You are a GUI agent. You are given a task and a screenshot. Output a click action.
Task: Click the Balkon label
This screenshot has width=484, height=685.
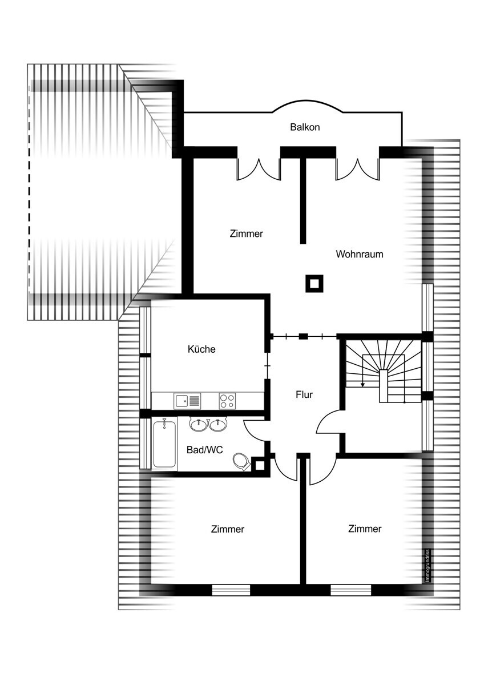pyautogui.click(x=305, y=127)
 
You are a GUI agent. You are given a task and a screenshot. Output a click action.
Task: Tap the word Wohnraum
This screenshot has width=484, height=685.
pyautogui.click(x=359, y=254)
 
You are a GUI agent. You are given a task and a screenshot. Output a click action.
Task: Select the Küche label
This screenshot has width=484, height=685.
pyautogui.click(x=201, y=349)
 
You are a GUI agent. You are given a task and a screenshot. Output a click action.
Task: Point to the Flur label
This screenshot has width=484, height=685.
pyautogui.click(x=304, y=394)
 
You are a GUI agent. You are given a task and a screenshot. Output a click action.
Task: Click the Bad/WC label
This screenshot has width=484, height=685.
pyautogui.click(x=204, y=450)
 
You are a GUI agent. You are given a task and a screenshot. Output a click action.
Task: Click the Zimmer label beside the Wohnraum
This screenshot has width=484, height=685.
pyautogui.click(x=246, y=233)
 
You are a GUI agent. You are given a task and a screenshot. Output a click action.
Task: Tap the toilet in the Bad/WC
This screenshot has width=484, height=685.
pyautogui.click(x=241, y=462)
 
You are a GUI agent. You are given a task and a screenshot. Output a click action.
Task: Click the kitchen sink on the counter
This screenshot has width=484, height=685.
pyautogui.click(x=187, y=401)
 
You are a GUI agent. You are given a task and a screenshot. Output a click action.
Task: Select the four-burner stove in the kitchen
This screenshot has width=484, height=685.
pyautogui.click(x=227, y=401)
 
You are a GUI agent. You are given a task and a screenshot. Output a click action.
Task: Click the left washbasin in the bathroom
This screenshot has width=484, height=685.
pyautogui.click(x=199, y=424)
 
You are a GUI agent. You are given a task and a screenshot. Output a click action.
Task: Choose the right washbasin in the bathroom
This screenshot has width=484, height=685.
pyautogui.click(x=218, y=424)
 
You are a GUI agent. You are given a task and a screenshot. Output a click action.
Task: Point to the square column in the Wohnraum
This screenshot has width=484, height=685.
pyautogui.click(x=314, y=284)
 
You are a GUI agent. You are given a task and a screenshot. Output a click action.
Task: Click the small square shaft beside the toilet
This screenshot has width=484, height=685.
pyautogui.click(x=260, y=465)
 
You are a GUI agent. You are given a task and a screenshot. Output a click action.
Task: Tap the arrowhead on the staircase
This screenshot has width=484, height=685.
pyautogui.click(x=362, y=385)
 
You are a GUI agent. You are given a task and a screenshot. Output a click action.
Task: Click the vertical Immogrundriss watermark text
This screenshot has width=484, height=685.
pyautogui.click(x=427, y=566)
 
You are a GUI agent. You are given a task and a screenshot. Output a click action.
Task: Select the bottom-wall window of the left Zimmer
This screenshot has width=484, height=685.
pyautogui.click(x=231, y=590)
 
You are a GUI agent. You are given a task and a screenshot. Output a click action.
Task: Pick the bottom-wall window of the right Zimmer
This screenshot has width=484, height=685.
pyautogui.click(x=351, y=590)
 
